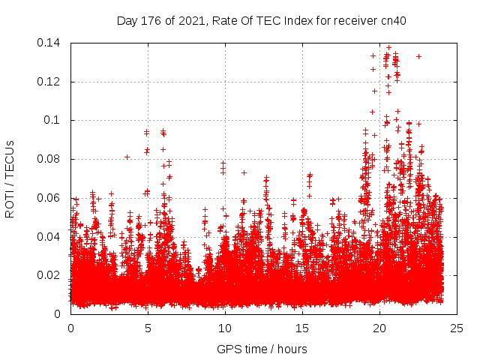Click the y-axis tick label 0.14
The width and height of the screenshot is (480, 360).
click(50, 43)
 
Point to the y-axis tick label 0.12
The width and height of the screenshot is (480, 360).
click(50, 82)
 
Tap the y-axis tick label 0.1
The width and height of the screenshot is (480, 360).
click(53, 120)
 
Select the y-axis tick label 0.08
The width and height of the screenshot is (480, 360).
click(50, 159)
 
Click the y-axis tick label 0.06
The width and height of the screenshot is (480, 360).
click(50, 198)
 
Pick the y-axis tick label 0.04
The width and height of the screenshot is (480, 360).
click(50, 237)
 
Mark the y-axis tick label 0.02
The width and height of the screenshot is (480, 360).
click(50, 275)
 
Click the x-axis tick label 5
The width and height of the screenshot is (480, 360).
click(148, 328)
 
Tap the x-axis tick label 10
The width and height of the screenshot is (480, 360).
click(225, 328)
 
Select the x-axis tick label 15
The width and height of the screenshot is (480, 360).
click(302, 328)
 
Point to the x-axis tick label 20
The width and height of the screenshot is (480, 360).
click(379, 328)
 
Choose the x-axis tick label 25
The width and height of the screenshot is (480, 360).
click(457, 328)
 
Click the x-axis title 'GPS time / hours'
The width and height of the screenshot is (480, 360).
click(262, 349)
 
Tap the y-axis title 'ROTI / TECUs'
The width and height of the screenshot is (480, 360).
click(10, 178)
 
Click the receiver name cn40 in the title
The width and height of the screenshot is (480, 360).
click(392, 21)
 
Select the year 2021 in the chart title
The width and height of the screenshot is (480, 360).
click(192, 21)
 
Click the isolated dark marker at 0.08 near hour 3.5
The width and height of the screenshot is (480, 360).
click(127, 157)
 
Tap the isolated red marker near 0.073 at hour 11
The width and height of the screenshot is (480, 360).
click(244, 172)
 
